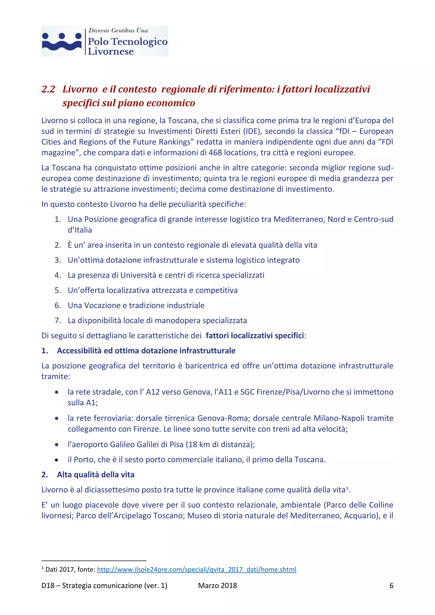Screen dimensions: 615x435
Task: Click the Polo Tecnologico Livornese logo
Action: (x=105, y=41)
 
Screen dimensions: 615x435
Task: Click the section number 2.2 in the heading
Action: (x=48, y=89)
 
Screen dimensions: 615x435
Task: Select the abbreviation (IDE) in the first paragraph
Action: (x=252, y=131)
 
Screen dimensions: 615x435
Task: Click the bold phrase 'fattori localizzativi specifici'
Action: (x=255, y=335)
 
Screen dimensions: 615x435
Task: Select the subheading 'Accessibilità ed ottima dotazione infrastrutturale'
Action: (x=146, y=351)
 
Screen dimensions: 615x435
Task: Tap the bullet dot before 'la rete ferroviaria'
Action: (x=56, y=418)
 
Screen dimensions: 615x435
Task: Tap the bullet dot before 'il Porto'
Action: (x=56, y=460)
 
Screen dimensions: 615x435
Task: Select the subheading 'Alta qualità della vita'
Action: (x=95, y=475)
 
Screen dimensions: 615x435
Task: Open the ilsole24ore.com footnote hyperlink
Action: (x=196, y=570)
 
